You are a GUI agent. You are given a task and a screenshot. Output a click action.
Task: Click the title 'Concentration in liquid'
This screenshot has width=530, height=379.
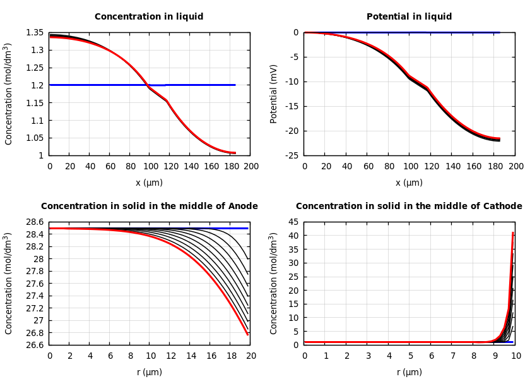(x=149, y=17)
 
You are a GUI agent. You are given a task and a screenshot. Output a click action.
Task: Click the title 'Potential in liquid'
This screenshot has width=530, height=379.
(x=409, y=17)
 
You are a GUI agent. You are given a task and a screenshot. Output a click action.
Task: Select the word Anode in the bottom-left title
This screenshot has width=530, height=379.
(x=240, y=207)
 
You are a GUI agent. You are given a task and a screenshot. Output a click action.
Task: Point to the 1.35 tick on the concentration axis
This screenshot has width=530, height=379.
(x=35, y=32)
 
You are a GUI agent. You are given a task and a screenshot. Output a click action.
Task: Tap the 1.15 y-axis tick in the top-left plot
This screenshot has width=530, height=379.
(x=35, y=103)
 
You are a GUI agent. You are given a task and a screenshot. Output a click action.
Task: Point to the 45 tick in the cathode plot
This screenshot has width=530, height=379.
(x=293, y=222)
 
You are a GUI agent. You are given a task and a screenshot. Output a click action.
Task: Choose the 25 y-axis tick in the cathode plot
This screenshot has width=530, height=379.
(x=293, y=277)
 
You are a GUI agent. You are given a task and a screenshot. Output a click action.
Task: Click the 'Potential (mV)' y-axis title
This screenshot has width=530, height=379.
(x=274, y=93)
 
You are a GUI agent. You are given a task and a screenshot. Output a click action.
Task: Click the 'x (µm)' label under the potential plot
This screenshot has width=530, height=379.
(x=409, y=183)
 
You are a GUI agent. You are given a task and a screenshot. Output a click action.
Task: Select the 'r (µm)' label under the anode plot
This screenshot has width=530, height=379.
(x=150, y=373)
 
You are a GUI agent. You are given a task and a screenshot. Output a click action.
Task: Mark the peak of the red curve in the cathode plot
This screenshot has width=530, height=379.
(x=513, y=233)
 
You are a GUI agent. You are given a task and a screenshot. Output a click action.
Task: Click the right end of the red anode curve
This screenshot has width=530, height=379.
(x=248, y=334)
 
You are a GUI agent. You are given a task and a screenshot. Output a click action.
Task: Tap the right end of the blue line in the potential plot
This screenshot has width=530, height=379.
(x=499, y=32)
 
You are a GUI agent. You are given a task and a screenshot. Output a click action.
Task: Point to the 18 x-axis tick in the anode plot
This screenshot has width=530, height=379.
(x=231, y=356)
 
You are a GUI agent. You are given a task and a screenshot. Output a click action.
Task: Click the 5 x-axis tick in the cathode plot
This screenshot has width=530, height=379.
(x=410, y=356)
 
